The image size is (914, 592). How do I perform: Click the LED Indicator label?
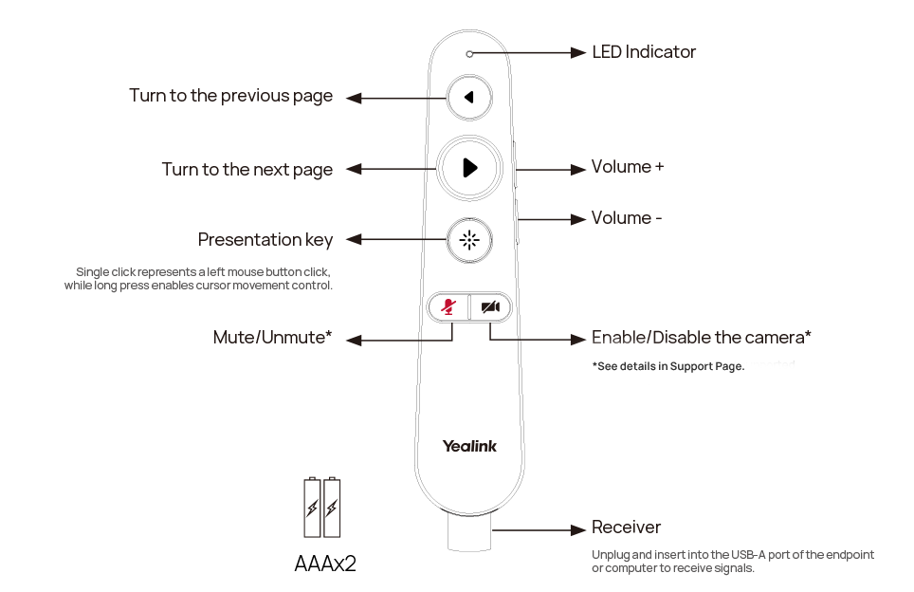(x=644, y=52)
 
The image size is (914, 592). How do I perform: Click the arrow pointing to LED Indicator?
(x=529, y=53)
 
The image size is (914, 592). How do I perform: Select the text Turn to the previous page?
(x=230, y=96)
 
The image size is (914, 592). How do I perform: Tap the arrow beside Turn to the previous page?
(x=395, y=97)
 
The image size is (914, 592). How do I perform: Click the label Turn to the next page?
(x=247, y=170)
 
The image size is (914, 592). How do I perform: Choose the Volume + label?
(x=627, y=167)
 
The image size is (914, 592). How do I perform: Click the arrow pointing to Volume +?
(x=551, y=170)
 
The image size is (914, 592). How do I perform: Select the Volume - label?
(x=626, y=218)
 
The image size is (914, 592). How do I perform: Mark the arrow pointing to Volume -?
(x=552, y=220)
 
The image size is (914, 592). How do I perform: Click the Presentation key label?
(x=265, y=240)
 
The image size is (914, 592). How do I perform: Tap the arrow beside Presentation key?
(x=395, y=240)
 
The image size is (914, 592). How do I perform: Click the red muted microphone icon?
(x=448, y=306)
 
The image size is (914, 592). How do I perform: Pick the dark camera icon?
(x=490, y=306)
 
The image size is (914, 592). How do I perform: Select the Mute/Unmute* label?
(x=272, y=338)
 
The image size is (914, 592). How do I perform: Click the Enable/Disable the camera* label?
(x=701, y=338)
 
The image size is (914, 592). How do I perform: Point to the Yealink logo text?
(x=468, y=446)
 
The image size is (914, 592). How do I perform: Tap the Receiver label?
(x=626, y=527)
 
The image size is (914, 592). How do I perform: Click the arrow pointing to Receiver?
(x=555, y=530)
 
